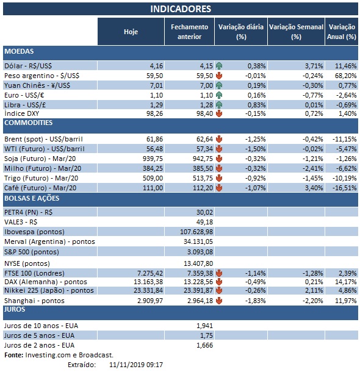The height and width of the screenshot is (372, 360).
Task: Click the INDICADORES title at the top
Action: [x=181, y=9]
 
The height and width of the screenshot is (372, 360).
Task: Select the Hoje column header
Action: [x=131, y=32]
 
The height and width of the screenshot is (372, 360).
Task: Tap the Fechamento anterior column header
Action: [x=189, y=32]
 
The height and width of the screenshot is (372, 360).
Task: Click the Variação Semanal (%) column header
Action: [x=296, y=32]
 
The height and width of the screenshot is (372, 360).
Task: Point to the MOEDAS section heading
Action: [x=19, y=51]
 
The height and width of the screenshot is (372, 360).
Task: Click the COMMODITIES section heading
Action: [x=29, y=123]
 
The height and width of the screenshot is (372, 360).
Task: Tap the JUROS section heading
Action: [x=15, y=309]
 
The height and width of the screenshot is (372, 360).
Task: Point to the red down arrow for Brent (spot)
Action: [x=218, y=140]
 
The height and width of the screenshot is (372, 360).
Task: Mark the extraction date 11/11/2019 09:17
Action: [x=136, y=364]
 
